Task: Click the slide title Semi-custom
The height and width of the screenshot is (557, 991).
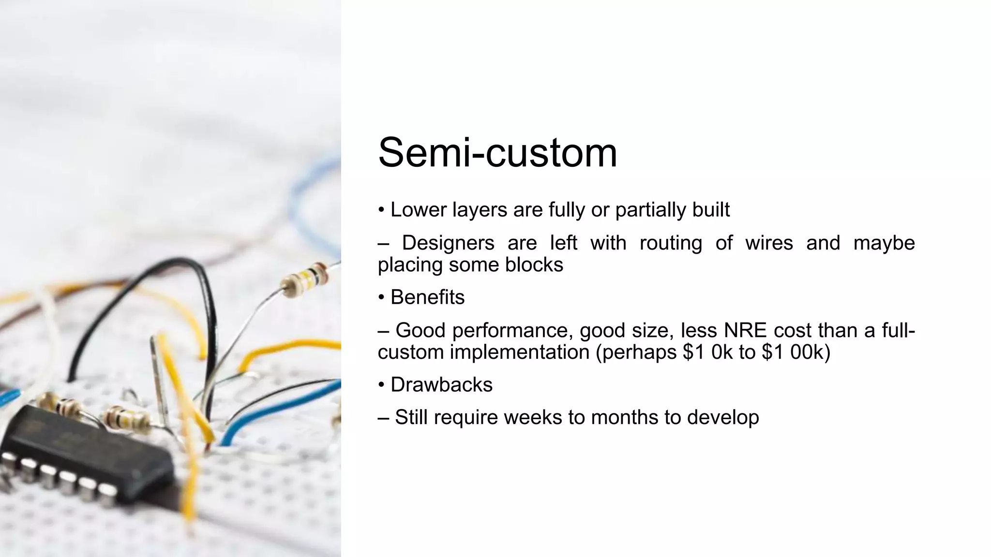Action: [497, 153]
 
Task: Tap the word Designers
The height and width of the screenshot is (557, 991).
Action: [448, 243]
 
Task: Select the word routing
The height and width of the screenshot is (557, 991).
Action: [670, 243]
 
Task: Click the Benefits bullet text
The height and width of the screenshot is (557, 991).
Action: [427, 297]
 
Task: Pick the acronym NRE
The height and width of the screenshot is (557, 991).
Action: [745, 330]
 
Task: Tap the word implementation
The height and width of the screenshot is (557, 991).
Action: [519, 352]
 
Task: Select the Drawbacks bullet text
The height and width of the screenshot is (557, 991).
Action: [441, 385]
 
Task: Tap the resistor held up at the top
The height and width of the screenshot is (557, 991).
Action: [305, 279]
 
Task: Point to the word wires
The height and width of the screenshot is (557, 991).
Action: [768, 243]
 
